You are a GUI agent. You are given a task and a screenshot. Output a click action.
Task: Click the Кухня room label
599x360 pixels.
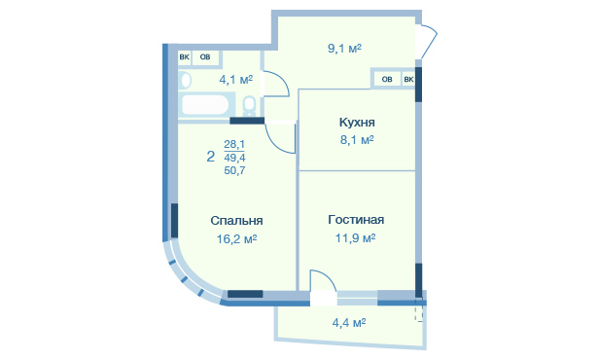pos(357,123)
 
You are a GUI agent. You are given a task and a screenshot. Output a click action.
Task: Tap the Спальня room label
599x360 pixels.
pos(236,221)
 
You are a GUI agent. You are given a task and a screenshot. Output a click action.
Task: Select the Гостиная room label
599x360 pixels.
pos(356,220)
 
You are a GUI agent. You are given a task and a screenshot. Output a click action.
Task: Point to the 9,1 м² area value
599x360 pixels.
pos(344,49)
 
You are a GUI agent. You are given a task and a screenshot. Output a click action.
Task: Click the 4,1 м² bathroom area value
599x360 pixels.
pos(236,80)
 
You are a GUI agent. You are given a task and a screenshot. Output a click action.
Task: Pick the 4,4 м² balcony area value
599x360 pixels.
pos(349,323)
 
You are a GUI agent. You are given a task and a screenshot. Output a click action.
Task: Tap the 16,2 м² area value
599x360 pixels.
pos(236,238)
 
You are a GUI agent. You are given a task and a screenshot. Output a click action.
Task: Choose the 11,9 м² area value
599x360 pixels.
pos(355,238)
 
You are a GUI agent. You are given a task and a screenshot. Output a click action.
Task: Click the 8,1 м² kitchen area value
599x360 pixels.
pos(357,140)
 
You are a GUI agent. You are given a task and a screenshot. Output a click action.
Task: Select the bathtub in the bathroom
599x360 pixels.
pos(205,105)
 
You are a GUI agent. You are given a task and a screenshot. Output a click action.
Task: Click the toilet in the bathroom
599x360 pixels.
pos(250,106)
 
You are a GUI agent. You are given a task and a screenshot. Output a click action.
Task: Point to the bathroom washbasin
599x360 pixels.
pos(186,81)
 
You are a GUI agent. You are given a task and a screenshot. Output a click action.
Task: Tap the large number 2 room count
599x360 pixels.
pos(210,157)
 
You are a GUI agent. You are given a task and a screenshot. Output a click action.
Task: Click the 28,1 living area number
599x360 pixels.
pos(234,144)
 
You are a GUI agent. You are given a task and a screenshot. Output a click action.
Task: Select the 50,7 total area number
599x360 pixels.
pos(234,170)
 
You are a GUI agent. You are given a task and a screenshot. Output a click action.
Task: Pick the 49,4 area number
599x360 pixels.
pos(234,158)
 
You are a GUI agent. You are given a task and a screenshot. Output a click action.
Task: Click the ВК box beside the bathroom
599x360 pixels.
pos(184,57)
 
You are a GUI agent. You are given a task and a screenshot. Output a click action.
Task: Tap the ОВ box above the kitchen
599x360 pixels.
pos(387,80)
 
